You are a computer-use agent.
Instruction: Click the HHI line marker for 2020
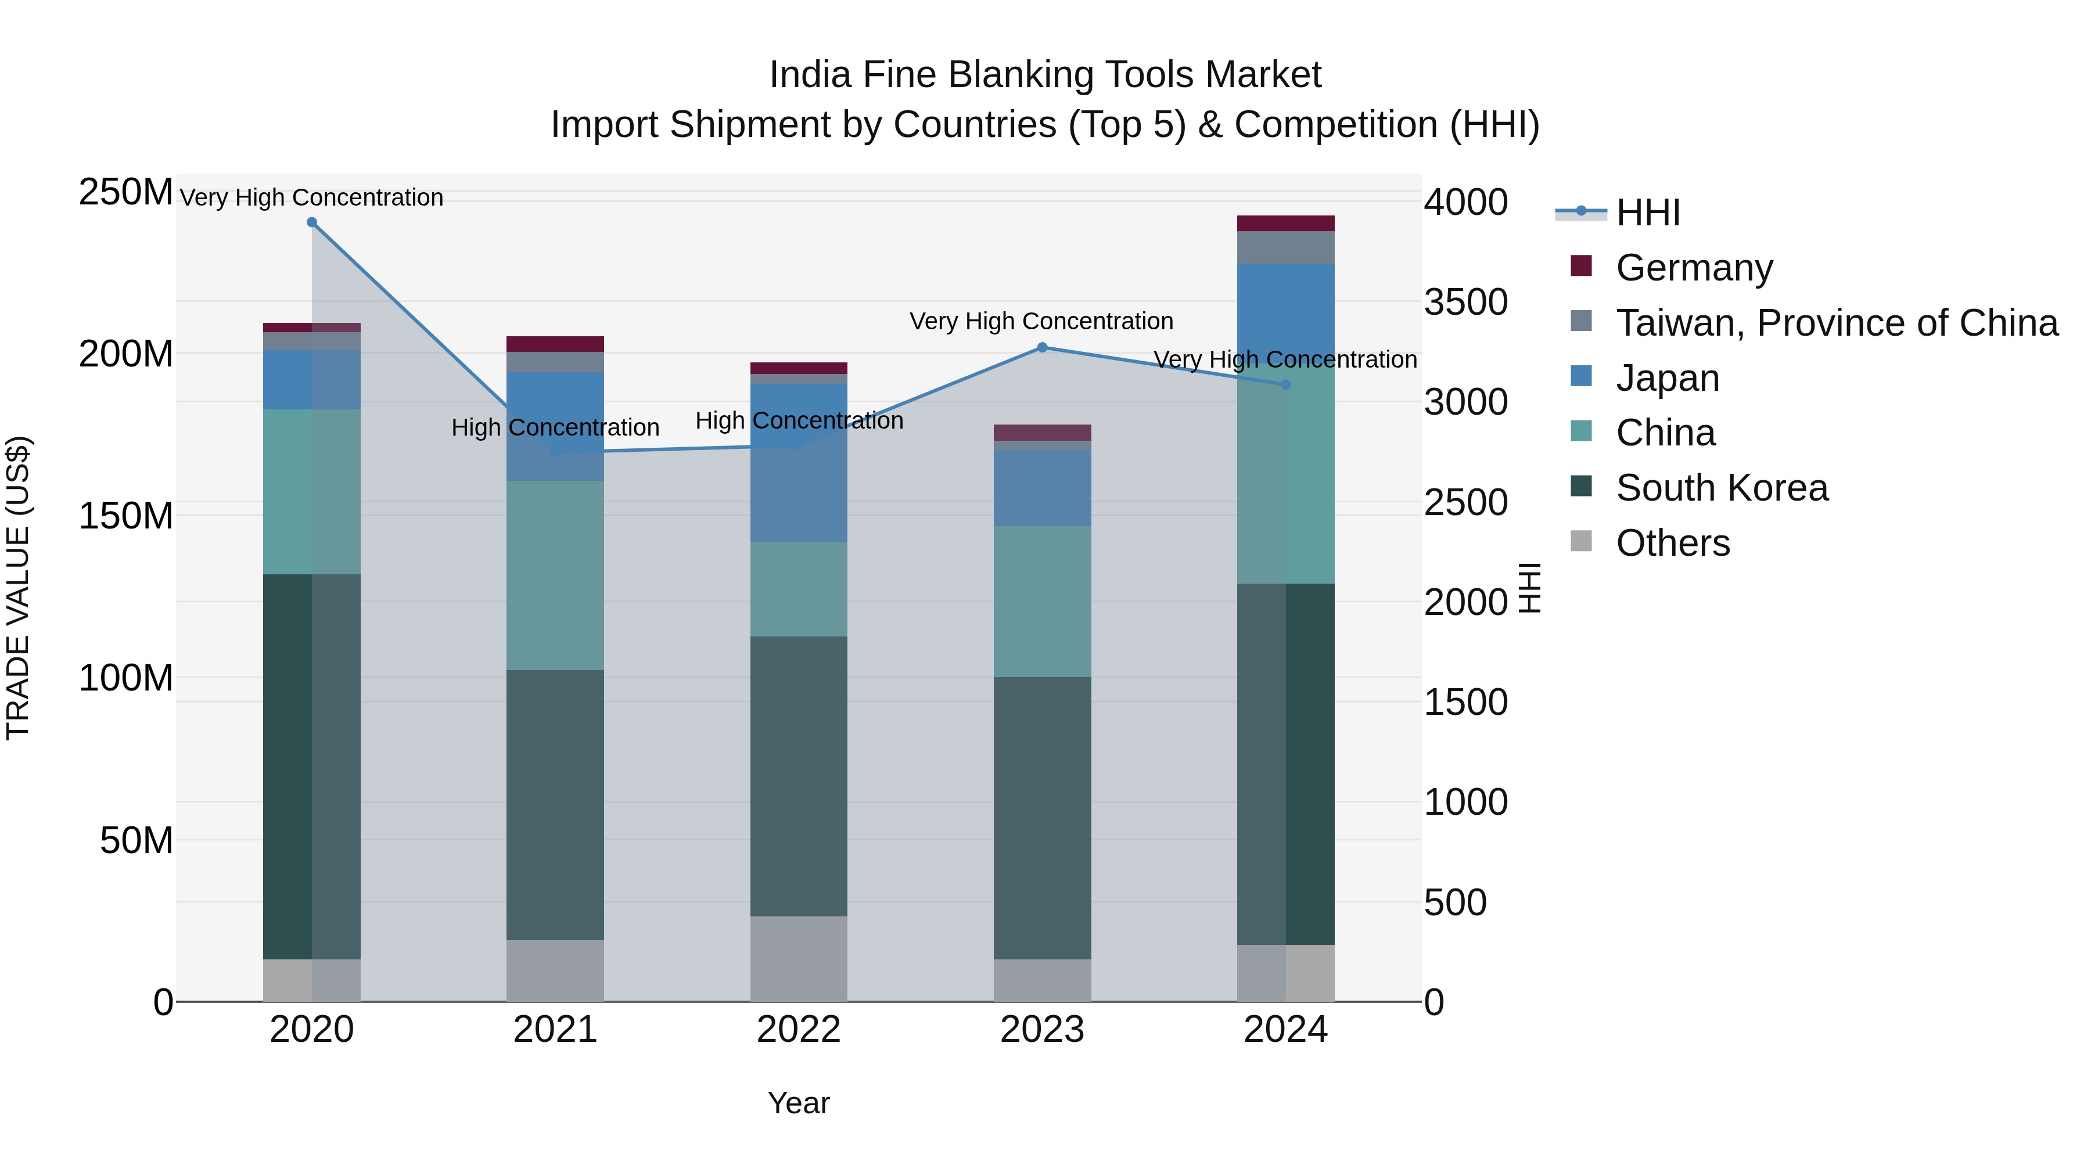click(312, 222)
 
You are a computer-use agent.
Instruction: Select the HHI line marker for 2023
click(1042, 347)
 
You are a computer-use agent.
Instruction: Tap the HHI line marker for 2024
click(1286, 384)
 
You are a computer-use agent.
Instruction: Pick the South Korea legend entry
click(1721, 488)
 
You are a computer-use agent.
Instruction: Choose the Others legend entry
click(1672, 543)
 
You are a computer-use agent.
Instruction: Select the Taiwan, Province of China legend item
click(1836, 323)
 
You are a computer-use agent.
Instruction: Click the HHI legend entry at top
click(1647, 213)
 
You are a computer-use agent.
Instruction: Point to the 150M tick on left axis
click(126, 516)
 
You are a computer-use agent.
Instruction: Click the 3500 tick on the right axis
click(1466, 302)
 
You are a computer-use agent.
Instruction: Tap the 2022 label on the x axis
click(799, 1030)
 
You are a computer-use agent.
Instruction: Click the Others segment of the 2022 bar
click(799, 958)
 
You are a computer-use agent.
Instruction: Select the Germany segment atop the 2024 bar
click(1286, 223)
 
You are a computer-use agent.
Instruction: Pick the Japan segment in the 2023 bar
click(1042, 488)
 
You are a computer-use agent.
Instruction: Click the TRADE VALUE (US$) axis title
click(18, 588)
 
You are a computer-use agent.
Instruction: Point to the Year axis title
click(799, 1103)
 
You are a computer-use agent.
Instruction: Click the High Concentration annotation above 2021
click(555, 427)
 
